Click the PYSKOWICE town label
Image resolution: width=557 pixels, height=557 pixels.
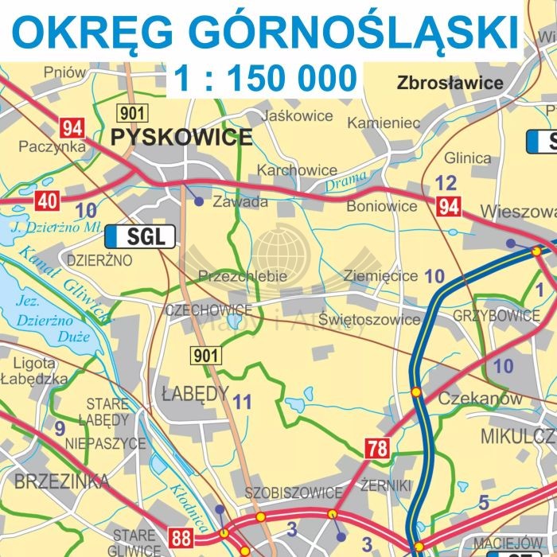point(181,138)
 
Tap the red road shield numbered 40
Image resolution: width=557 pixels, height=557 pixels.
point(46,201)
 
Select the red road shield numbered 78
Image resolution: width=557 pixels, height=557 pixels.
point(377,449)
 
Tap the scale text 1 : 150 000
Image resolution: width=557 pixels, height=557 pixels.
point(265,79)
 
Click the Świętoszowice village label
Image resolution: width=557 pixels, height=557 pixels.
point(369,319)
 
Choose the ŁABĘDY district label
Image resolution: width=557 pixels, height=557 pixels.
point(195,392)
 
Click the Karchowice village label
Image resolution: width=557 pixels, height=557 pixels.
point(297,170)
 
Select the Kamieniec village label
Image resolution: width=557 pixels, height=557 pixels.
point(384,123)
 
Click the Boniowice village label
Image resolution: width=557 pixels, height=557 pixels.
point(381,206)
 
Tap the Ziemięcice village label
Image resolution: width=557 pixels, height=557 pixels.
point(380,276)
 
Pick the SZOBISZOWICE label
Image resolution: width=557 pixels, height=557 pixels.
point(293,492)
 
